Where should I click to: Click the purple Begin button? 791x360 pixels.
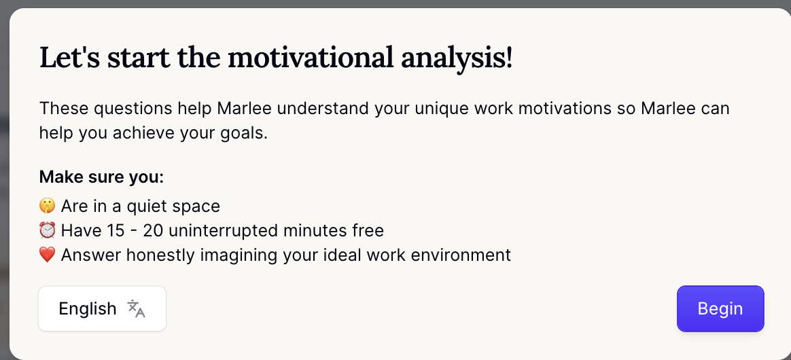720,309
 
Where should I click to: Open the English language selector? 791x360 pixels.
102,309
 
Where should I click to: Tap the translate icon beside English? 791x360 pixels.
137,308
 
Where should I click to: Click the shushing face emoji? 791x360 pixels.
47,206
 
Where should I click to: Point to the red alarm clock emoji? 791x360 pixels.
47,231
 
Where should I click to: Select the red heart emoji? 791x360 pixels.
47,255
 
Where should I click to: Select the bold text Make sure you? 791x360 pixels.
101,177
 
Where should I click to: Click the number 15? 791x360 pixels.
116,231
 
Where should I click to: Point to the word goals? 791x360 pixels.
243,132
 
